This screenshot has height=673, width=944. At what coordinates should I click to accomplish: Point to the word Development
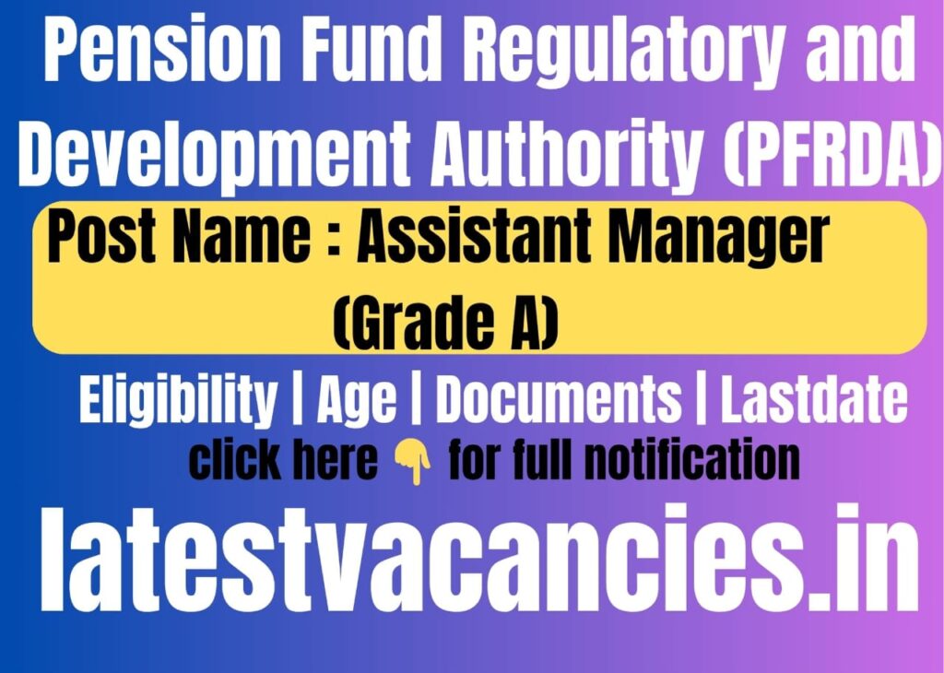point(215,154)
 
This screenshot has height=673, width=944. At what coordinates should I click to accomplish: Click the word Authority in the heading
point(563,154)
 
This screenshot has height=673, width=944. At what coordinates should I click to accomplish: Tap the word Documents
point(559,400)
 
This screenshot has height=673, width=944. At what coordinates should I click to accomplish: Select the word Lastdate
point(814,400)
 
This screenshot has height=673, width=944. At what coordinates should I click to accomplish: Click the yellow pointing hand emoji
point(412,462)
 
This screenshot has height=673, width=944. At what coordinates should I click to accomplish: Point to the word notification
point(692,461)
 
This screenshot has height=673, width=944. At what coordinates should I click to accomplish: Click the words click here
point(283,461)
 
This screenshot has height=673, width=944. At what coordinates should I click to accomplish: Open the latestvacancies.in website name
point(479,558)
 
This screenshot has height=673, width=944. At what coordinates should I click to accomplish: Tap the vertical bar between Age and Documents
point(416,400)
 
